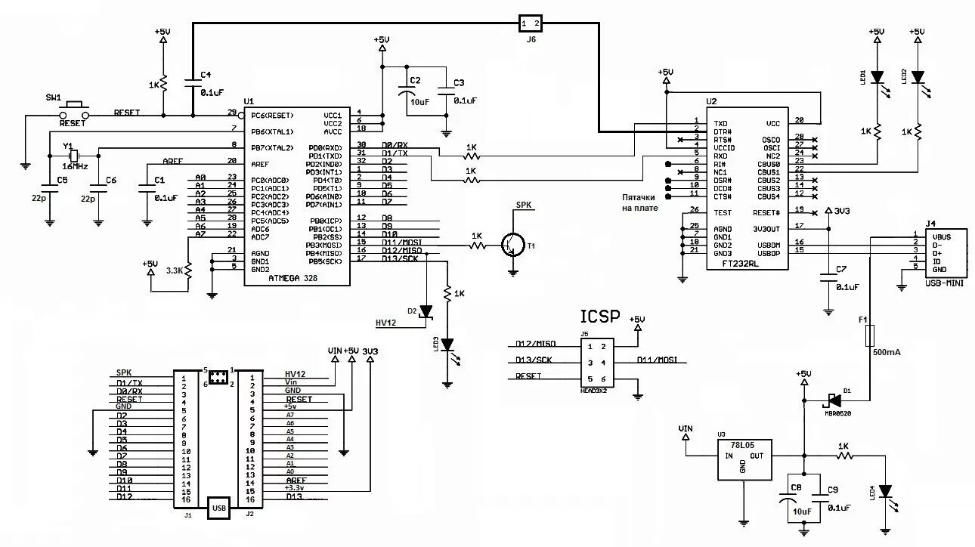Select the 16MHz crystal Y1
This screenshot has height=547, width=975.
(74, 156)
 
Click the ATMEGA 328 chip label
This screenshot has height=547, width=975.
(293, 278)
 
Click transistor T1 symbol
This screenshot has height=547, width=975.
(513, 243)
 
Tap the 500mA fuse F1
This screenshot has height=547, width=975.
(870, 335)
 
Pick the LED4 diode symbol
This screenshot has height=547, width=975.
(886, 492)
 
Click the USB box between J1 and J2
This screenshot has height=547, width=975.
(219, 508)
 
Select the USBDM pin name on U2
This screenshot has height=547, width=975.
(768, 245)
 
